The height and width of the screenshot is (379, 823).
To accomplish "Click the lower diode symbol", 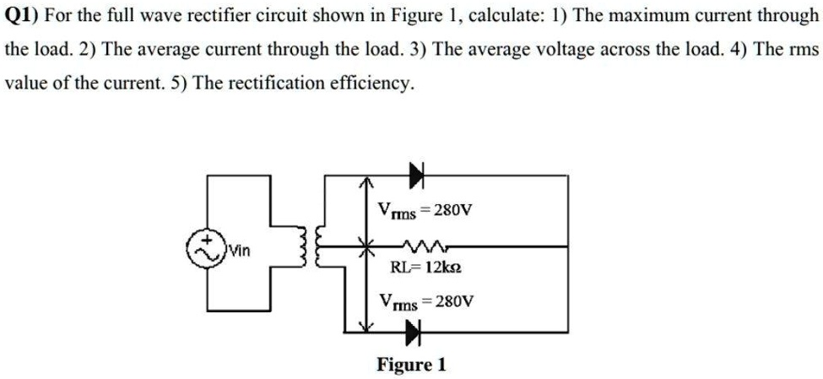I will (x=414, y=335).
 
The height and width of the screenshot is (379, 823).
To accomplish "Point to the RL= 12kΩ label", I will (x=425, y=270).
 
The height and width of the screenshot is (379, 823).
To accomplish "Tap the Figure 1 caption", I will (x=411, y=365).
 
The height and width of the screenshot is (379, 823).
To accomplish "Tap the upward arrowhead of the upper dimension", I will (x=365, y=181).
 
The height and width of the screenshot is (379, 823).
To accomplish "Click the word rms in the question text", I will (x=803, y=50).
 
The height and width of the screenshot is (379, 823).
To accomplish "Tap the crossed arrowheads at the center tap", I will (x=365, y=247).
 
